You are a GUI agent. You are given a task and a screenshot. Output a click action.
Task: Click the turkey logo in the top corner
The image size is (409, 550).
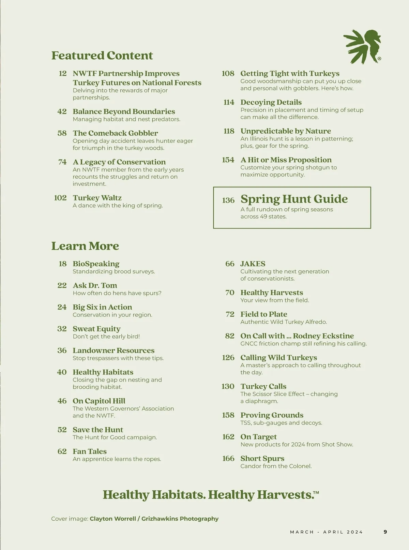tap(362, 46)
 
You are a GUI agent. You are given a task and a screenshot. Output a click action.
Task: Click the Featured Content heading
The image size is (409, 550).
tap(102, 55)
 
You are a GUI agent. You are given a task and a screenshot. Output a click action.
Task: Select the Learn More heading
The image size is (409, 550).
tap(85, 246)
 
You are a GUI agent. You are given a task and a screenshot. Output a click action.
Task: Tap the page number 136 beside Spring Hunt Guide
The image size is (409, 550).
tap(228, 200)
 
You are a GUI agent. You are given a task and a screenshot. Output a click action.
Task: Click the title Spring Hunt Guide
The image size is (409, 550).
tap(294, 199)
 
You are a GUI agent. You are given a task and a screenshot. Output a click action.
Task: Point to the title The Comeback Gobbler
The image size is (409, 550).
tap(115, 133)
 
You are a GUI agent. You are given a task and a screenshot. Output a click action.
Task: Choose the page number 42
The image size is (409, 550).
tap(62, 112)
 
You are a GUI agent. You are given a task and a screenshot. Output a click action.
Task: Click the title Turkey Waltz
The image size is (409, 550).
tap(97, 198)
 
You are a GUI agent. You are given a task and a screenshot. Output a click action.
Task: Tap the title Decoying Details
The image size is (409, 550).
tap(271, 102)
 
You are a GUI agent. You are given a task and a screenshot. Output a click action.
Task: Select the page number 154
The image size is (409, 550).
tap(228, 160)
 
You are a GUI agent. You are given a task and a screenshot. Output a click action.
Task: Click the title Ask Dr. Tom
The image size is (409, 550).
tap(95, 285)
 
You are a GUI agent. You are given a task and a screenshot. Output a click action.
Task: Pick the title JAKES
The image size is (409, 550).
tap(253, 264)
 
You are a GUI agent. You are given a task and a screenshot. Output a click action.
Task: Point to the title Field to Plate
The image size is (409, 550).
tap(264, 314)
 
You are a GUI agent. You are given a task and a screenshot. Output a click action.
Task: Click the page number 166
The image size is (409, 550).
tap(228, 459)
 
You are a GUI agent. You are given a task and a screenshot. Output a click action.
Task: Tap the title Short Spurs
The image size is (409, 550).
tap(262, 459)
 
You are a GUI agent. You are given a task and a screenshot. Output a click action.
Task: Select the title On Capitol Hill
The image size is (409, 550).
tap(99, 401)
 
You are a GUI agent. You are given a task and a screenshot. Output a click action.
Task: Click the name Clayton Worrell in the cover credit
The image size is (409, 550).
tap(113, 519)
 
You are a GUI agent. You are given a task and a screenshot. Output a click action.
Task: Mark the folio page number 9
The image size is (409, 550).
tap(385, 532)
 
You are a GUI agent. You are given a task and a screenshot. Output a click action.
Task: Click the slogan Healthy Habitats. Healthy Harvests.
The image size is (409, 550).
tap(211, 495)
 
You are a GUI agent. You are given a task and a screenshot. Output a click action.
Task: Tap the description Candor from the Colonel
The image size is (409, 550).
tap(276, 466)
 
